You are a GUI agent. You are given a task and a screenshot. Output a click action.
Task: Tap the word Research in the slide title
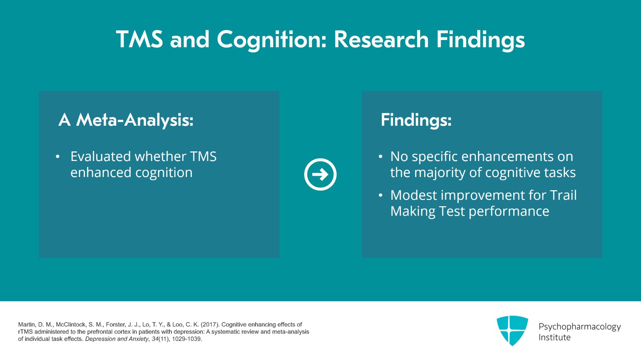(381, 40)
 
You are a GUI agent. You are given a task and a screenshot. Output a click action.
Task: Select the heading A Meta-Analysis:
(126, 120)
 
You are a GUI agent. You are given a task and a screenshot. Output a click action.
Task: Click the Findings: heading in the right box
(416, 120)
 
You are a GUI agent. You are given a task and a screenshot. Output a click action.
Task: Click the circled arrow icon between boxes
(320, 175)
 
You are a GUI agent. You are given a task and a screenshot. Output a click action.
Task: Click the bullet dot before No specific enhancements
(381, 157)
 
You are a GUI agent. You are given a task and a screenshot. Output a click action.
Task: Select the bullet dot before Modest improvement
(381, 195)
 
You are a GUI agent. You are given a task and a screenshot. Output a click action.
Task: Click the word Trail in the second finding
(563, 195)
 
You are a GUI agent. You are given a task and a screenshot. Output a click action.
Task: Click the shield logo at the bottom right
(512, 330)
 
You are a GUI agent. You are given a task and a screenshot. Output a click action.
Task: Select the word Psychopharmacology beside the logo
(579, 327)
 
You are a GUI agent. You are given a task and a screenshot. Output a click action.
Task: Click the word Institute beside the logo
(554, 338)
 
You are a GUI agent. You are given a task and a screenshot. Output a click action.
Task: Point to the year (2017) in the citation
(210, 325)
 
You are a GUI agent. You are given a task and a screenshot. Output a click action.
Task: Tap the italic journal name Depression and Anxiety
(117, 339)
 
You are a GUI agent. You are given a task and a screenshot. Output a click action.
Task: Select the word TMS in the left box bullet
(203, 156)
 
